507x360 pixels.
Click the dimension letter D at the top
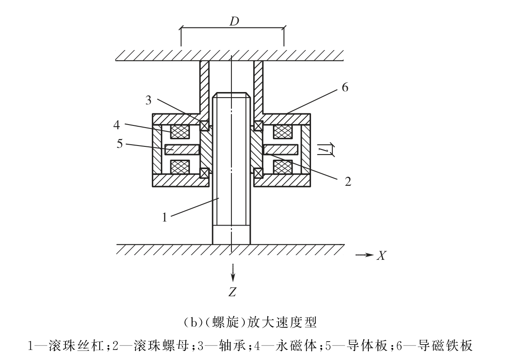[234, 21]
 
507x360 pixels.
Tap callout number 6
[345, 87]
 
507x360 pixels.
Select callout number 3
[148, 100]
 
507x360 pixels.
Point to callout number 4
[117, 125]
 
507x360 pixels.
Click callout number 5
[120, 143]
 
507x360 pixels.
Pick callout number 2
[348, 181]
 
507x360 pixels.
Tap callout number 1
[165, 217]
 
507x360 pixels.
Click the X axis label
[382, 256]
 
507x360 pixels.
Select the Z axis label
[232, 292]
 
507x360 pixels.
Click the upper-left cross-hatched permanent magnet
[179, 131]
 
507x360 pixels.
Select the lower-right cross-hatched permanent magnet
[283, 167]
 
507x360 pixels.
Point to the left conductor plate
[182, 149]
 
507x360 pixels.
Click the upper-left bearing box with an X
[204, 125]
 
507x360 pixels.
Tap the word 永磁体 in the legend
[297, 346]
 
